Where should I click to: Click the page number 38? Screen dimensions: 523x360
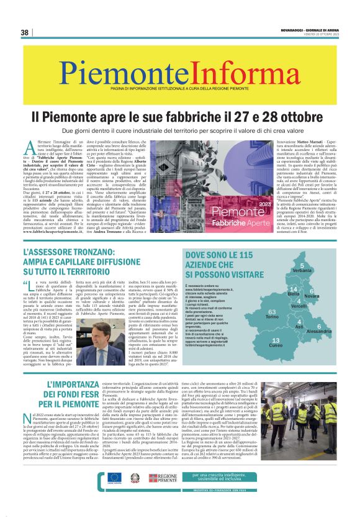click(x=24, y=32)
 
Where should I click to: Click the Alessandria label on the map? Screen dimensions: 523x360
click(x=319, y=332)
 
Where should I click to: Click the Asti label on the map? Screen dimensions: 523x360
click(x=299, y=327)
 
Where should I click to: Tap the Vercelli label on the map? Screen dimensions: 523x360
click(x=298, y=306)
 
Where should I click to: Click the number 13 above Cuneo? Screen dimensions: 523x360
click(x=276, y=340)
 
